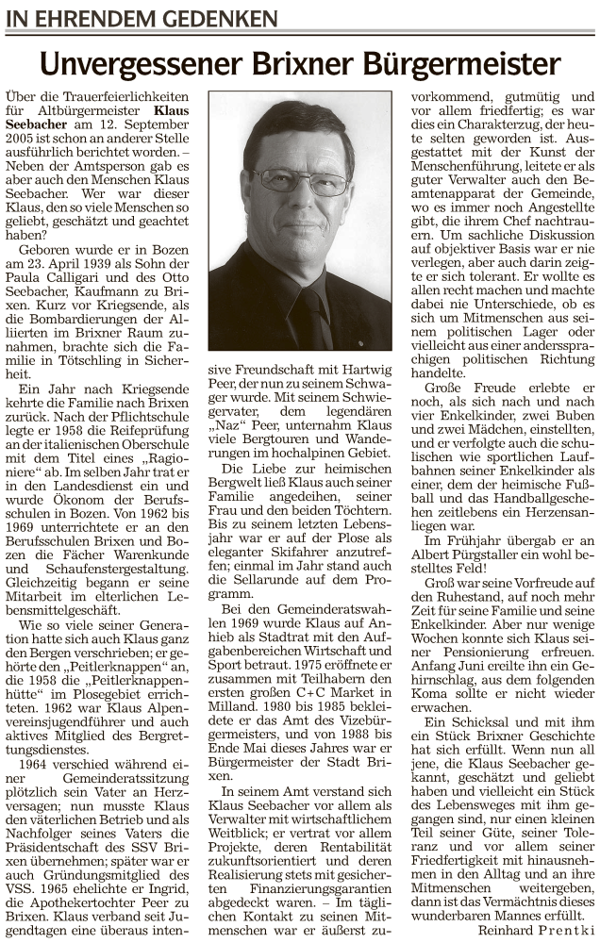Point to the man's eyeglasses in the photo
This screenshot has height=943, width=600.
click(300, 181)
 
